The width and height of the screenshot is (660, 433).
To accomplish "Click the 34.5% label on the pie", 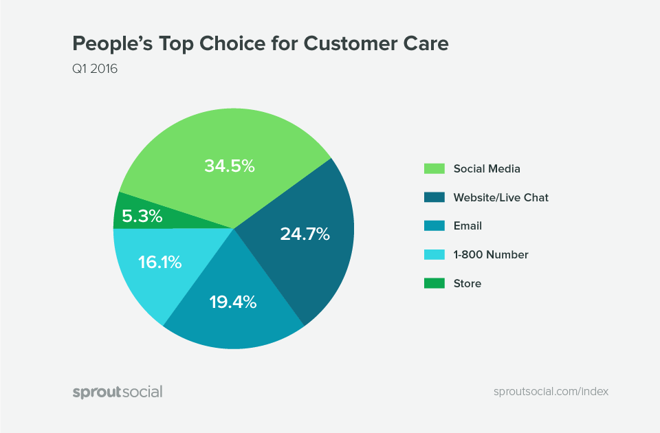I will pyautogui.click(x=230, y=166).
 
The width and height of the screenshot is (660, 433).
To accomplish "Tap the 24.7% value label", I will pyautogui.click(x=305, y=234).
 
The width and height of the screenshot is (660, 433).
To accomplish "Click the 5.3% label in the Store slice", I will pyautogui.click(x=142, y=216).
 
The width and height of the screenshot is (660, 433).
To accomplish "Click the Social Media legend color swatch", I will pyautogui.click(x=433, y=168).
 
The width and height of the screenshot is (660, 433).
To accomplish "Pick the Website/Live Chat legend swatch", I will pyautogui.click(x=433, y=197).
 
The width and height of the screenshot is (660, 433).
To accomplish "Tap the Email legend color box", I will pyautogui.click(x=433, y=225).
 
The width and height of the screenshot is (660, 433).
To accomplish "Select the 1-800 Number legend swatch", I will pyautogui.click(x=433, y=254).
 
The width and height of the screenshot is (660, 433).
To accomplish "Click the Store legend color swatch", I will pyautogui.click(x=433, y=283).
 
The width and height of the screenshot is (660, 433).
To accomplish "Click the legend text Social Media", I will pyautogui.click(x=486, y=168).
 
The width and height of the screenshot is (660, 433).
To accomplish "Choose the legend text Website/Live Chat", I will pyautogui.click(x=500, y=197).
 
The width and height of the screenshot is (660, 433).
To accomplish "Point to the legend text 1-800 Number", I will pyautogui.click(x=490, y=254).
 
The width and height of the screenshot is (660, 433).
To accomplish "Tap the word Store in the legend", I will pyautogui.click(x=467, y=283).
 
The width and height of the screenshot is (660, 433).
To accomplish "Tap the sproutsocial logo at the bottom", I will pyautogui.click(x=118, y=392).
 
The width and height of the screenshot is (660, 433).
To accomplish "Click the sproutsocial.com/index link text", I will pyautogui.click(x=551, y=391).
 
